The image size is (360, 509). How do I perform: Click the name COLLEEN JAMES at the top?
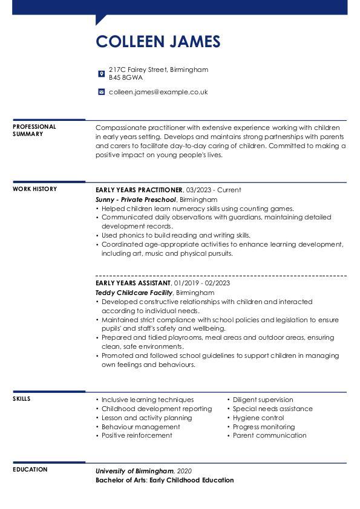[x=158, y=41]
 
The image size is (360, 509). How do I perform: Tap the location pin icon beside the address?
[x=101, y=74]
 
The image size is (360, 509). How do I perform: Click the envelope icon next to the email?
[x=101, y=92]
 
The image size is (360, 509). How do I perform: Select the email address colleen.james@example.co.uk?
[x=158, y=92]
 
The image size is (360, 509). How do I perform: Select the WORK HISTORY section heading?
[x=34, y=189]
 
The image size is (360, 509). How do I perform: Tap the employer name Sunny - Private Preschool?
[x=136, y=199]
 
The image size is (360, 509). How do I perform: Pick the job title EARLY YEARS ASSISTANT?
[x=133, y=283]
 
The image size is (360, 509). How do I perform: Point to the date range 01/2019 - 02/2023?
[x=201, y=283]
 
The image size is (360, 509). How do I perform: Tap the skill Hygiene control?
[x=258, y=418]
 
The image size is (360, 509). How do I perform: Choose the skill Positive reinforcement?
[x=137, y=435]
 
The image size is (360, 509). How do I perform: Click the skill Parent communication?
[x=269, y=435]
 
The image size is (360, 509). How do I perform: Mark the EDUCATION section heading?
[x=30, y=470]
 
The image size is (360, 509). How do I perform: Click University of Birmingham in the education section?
[x=134, y=471]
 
